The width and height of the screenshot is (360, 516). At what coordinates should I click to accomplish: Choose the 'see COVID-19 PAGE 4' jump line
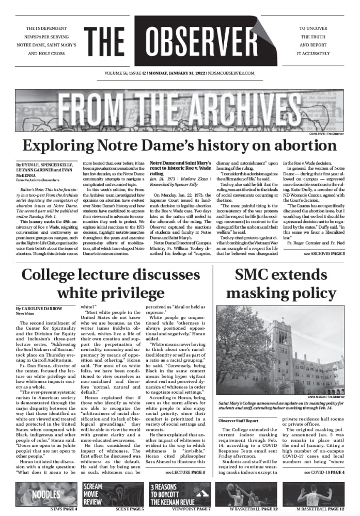point(324,472)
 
